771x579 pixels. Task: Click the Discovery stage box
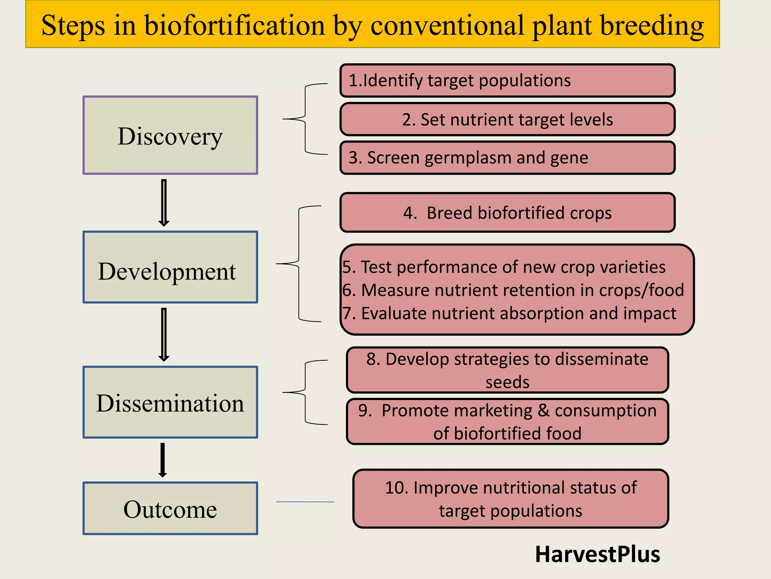[170, 135]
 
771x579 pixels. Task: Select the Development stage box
[170, 267]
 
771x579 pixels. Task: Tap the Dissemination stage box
[170, 402]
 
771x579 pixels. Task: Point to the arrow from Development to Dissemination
[164, 335]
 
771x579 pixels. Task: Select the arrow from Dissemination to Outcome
[163, 460]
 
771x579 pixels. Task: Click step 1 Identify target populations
[507, 81]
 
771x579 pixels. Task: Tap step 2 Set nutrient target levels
[507, 119]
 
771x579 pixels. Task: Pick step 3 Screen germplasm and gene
[507, 158]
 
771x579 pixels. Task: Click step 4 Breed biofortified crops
[507, 213]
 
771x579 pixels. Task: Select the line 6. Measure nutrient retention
[513, 290]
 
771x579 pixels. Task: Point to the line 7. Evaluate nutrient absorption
[509, 314]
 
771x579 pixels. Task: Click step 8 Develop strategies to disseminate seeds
[507, 370]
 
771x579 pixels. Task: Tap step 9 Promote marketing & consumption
[507, 421]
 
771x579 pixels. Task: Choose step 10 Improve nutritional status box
[510, 499]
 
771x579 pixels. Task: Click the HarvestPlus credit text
[597, 554]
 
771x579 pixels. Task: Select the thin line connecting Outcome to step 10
[305, 502]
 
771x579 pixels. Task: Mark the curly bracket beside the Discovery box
[306, 119]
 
